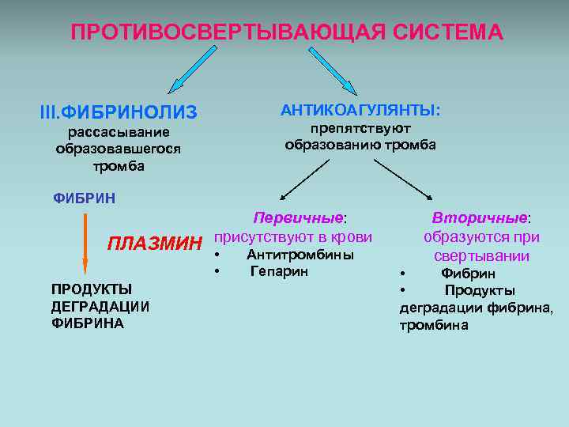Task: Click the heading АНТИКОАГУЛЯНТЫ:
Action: click(x=360, y=110)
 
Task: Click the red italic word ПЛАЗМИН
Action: click(x=155, y=242)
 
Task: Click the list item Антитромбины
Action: click(x=300, y=255)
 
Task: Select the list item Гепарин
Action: click(x=279, y=271)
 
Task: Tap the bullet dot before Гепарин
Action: click(x=216, y=272)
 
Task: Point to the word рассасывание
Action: click(x=118, y=132)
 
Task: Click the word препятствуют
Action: click(x=360, y=128)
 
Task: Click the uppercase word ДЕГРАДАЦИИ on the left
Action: click(x=100, y=306)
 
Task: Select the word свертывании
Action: click(x=481, y=255)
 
